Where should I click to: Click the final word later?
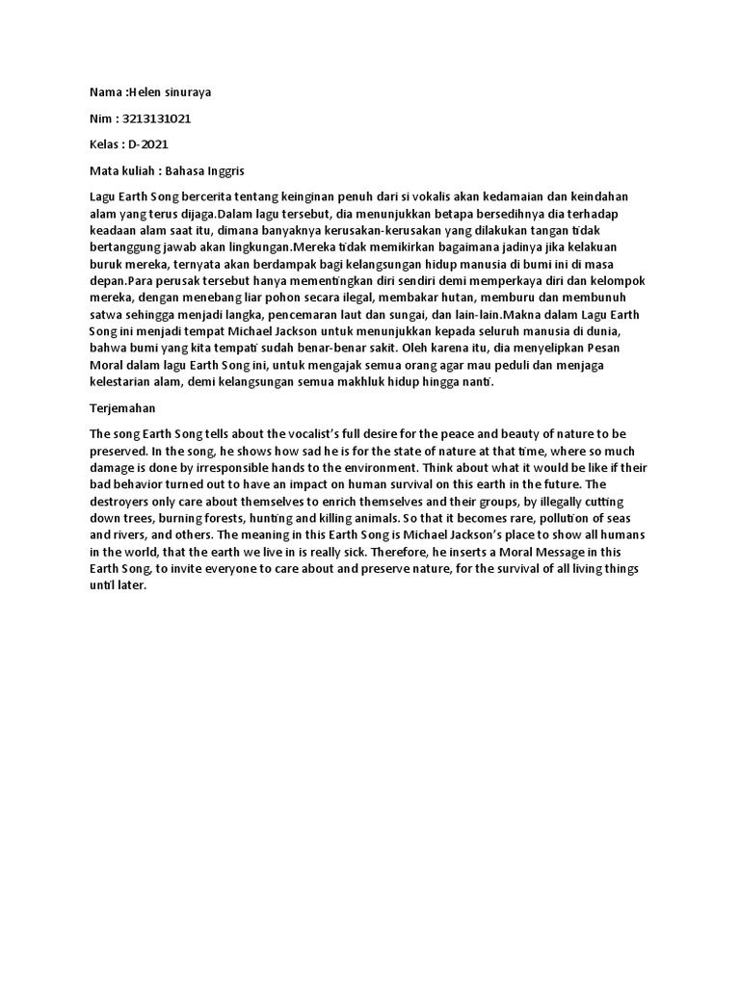pyautogui.click(x=129, y=585)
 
